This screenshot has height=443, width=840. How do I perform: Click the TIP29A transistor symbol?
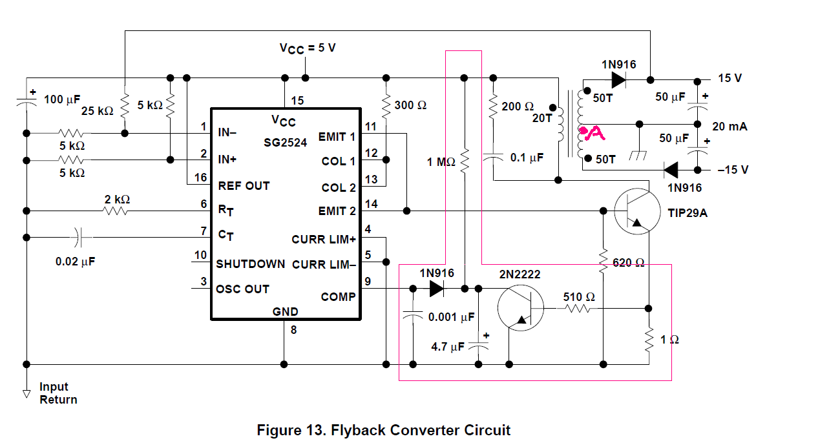(637, 211)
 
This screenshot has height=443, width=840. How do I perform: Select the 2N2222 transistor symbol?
(521, 309)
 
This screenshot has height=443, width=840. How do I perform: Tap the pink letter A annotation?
(593, 134)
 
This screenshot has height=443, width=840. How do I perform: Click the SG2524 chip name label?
(285, 141)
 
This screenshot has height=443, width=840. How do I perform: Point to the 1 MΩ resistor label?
(441, 162)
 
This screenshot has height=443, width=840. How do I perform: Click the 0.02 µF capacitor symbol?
(79, 237)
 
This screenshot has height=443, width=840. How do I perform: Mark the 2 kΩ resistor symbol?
(116, 211)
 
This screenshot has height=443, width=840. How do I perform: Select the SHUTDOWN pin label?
(250, 264)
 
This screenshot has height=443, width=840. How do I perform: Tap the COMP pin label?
(338, 297)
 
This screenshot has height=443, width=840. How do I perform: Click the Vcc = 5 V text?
(308, 48)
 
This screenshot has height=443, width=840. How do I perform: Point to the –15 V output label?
(733, 170)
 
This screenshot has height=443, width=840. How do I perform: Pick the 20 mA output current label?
(730, 127)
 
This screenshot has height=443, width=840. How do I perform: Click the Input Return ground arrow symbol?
(26, 392)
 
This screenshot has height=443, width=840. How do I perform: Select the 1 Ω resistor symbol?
(649, 338)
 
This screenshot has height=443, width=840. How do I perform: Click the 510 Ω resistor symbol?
(578, 309)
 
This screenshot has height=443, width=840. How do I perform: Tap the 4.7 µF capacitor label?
(448, 347)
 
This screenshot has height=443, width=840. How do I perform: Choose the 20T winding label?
(541, 119)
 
